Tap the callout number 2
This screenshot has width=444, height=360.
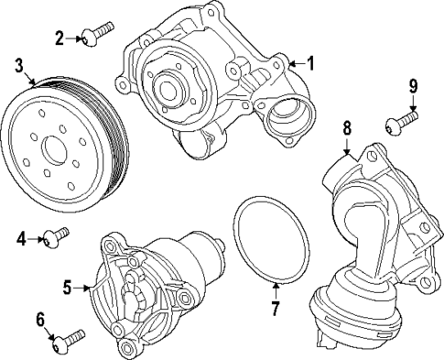60,38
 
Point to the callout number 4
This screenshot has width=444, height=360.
20,240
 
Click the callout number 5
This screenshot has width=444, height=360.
67,287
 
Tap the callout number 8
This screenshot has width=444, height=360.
347,129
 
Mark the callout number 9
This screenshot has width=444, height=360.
412,88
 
